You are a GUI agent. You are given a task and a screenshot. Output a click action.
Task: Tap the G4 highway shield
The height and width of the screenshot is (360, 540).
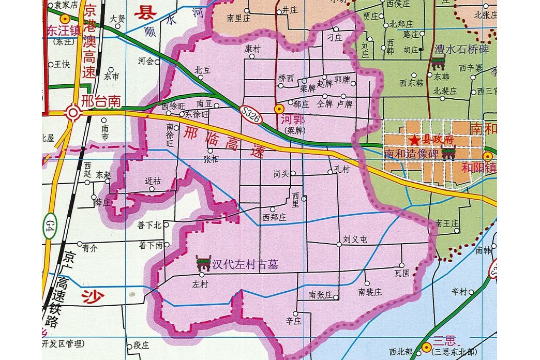click(50, 226)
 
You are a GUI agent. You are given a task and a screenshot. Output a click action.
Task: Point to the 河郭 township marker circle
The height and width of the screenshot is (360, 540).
click(278, 109)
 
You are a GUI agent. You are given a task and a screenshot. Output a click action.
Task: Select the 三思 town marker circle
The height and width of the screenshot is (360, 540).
click(426, 347)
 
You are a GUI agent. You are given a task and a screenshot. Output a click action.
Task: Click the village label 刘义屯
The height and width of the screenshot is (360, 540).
click(355, 239)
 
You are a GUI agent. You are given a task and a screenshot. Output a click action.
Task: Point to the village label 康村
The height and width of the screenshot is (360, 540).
click(252, 48)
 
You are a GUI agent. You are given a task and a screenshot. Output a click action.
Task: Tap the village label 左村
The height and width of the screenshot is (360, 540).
click(200, 284)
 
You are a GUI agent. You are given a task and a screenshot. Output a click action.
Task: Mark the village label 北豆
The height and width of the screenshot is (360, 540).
click(202, 69)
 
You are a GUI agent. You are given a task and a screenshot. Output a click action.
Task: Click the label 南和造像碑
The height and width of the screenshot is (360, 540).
click(412, 154)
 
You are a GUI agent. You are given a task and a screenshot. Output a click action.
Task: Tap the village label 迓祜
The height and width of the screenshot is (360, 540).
click(153, 181)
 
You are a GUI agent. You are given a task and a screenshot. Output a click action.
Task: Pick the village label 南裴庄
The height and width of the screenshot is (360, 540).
click(370, 292)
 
